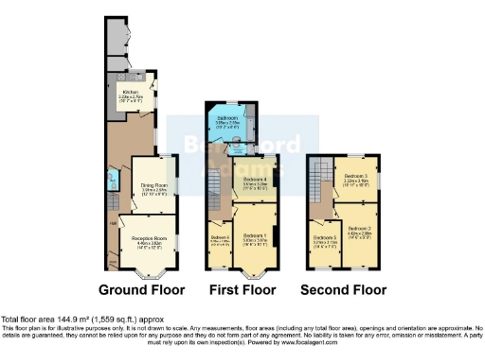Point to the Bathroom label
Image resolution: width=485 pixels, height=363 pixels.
227,121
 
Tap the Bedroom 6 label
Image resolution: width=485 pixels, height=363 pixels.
220,239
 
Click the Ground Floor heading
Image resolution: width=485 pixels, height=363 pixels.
142,289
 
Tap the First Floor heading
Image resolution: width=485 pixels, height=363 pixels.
242,289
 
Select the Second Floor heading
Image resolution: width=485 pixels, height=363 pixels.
344,289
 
